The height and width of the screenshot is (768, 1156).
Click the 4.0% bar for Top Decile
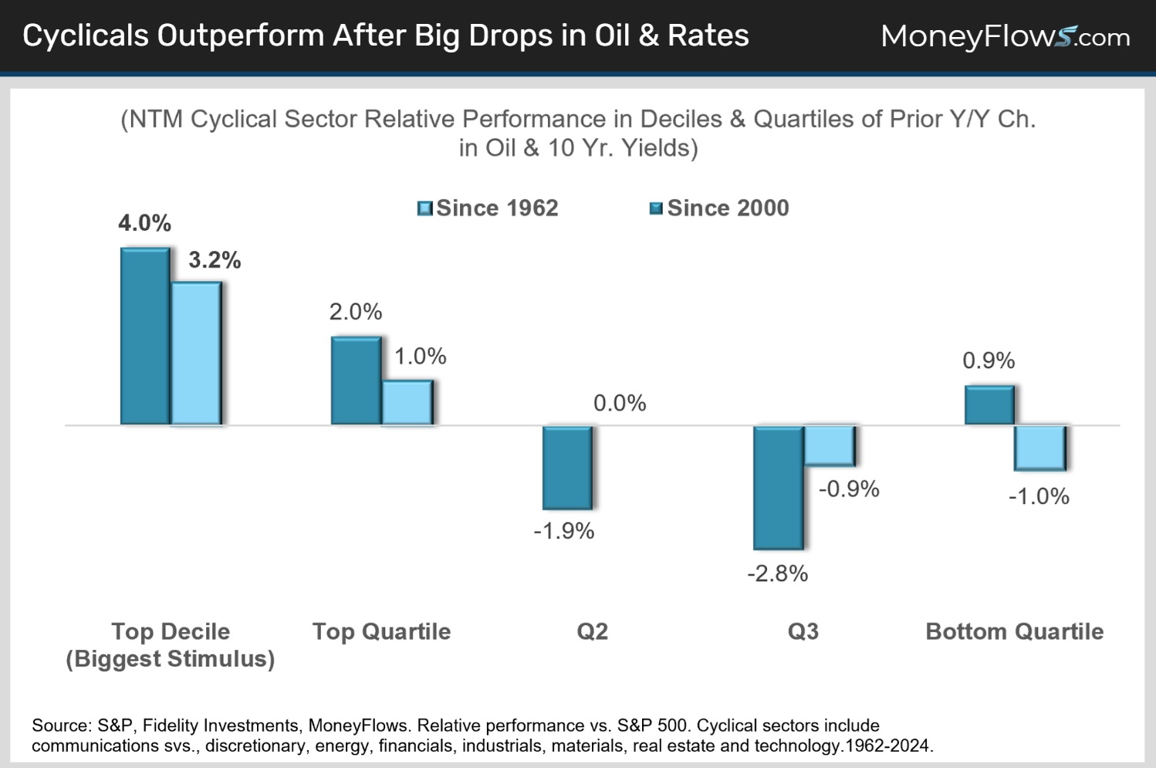145,337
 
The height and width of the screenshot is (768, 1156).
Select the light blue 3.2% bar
196,354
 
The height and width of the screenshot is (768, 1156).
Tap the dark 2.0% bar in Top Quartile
356,381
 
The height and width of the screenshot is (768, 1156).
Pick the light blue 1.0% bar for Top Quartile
407,402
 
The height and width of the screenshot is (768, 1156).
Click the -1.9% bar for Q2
567,467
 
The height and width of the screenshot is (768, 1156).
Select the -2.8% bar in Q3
778,487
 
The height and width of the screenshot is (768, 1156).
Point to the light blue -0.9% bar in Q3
829,445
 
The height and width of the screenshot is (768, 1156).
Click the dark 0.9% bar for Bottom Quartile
989,405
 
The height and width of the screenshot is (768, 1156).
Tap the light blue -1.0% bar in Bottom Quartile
1039,448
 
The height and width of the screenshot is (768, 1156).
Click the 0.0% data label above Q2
620,403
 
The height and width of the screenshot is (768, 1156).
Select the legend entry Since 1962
488,208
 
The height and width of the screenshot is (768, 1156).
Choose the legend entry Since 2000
719,208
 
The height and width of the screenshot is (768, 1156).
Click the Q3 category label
803,631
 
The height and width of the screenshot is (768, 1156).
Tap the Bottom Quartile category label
1014,631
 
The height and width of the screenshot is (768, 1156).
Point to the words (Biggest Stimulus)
171,659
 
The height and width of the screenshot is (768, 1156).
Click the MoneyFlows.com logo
1005,36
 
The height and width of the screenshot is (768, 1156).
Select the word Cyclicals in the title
86,36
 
